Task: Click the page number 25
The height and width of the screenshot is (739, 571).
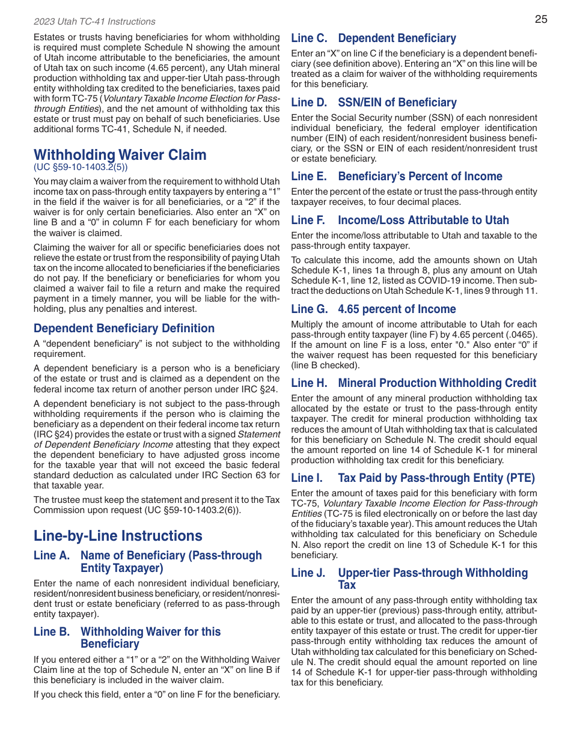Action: [541, 19]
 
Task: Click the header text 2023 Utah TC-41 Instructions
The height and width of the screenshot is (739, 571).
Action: [94, 22]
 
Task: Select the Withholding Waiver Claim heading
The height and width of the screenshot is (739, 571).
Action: [120, 154]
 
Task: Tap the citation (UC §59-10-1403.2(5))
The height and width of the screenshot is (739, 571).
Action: [81, 167]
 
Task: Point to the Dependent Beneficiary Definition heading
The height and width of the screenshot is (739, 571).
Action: [124, 328]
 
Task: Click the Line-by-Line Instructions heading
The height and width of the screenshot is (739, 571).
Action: [118, 535]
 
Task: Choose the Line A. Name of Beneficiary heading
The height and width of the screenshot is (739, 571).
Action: [148, 562]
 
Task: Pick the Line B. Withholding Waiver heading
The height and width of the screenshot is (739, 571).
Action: [127, 637]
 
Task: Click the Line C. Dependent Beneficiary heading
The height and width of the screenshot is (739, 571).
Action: [373, 38]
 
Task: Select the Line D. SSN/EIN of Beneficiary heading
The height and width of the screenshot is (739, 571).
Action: [374, 102]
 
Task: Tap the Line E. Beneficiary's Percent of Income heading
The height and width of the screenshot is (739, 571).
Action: [397, 176]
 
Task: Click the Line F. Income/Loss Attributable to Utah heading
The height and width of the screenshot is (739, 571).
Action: [400, 220]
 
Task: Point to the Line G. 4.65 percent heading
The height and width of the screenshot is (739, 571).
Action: [373, 309]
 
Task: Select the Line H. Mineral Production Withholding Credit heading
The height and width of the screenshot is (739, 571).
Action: [414, 383]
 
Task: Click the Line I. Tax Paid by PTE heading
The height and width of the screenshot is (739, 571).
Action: [413, 478]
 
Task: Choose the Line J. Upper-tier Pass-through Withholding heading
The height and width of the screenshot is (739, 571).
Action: [409, 579]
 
